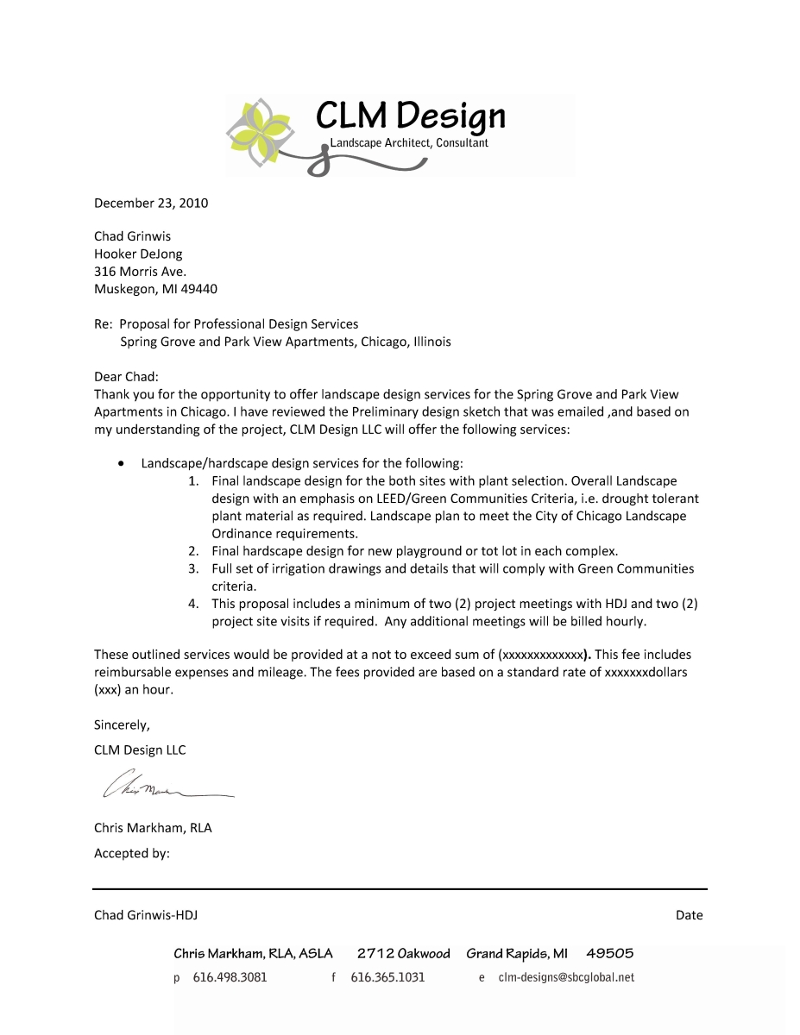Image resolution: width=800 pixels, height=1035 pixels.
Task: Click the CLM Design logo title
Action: (x=410, y=116)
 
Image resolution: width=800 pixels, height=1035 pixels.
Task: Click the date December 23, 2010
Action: (x=151, y=204)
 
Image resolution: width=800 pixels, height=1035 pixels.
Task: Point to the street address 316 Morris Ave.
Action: (x=140, y=272)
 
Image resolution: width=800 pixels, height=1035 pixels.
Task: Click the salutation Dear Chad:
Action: (x=127, y=377)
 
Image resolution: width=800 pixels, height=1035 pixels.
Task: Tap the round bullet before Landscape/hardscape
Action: (x=122, y=464)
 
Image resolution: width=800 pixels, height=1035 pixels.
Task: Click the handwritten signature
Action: (x=164, y=786)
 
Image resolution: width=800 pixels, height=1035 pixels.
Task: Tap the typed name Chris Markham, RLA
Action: (x=153, y=828)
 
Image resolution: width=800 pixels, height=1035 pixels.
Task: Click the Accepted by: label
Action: (x=132, y=854)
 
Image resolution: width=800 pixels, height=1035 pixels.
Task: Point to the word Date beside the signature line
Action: (x=690, y=915)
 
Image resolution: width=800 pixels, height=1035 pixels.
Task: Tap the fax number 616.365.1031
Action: (x=387, y=977)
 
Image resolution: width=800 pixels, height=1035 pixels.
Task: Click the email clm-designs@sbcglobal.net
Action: (x=566, y=977)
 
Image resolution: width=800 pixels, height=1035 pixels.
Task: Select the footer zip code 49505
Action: (x=609, y=954)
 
